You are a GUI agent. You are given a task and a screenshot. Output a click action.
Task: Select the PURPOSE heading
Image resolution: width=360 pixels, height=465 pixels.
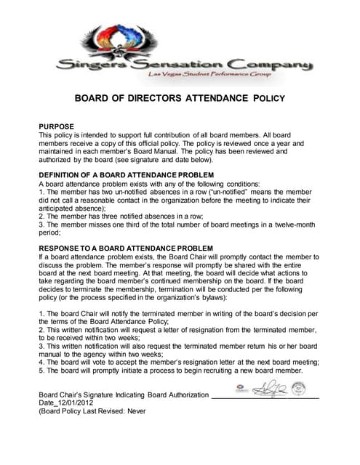point(56,126)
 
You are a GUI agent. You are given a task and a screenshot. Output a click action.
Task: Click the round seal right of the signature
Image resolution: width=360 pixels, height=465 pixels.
point(298,389)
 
